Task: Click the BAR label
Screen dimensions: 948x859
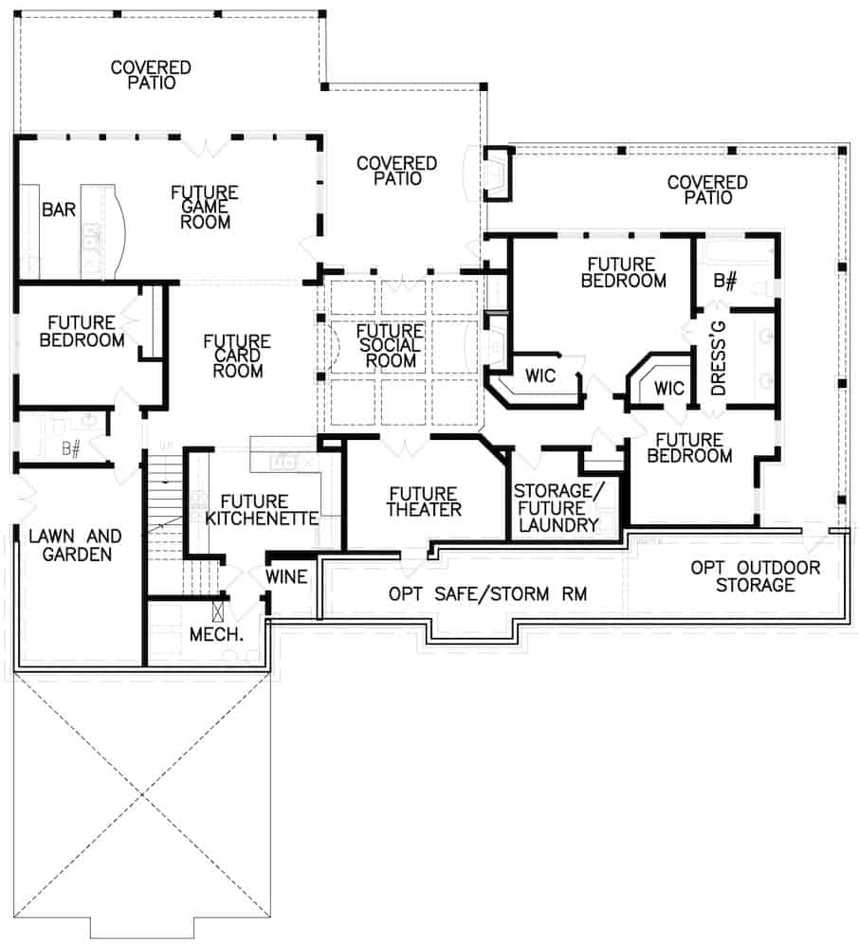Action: pyautogui.click(x=59, y=210)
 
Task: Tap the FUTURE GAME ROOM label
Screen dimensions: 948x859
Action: pyautogui.click(x=204, y=208)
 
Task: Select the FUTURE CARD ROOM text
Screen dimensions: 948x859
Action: pyautogui.click(x=237, y=355)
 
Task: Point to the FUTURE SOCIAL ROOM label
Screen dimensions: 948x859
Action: pyautogui.click(x=390, y=345)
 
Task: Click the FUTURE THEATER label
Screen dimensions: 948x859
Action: pyautogui.click(x=424, y=501)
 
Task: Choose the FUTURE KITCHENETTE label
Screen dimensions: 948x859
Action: pyautogui.click(x=261, y=510)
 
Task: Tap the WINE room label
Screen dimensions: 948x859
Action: pyautogui.click(x=286, y=576)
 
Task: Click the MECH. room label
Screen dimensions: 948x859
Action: pyautogui.click(x=217, y=634)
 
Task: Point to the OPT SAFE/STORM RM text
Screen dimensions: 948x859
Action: pyautogui.click(x=488, y=594)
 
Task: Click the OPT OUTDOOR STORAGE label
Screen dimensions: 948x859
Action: pyautogui.click(x=755, y=576)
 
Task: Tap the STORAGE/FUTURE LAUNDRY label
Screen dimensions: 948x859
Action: pyautogui.click(x=556, y=508)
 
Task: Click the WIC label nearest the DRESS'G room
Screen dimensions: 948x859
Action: pyautogui.click(x=668, y=389)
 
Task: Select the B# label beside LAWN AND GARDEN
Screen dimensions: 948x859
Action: pyautogui.click(x=70, y=448)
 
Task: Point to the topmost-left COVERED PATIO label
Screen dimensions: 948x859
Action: pyautogui.click(x=151, y=75)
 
